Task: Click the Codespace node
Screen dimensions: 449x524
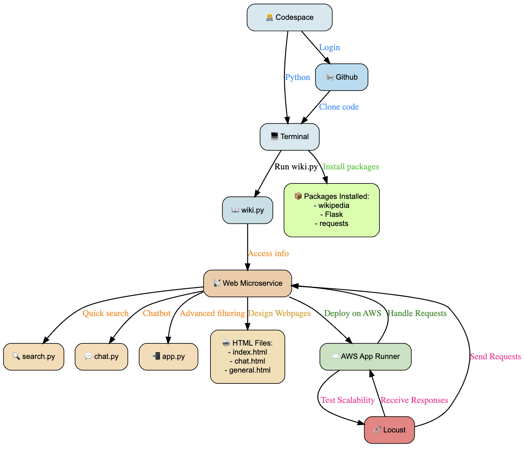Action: point(289,17)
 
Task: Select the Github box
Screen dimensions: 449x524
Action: point(341,77)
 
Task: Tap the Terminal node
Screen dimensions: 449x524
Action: point(289,137)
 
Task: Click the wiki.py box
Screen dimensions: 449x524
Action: point(248,210)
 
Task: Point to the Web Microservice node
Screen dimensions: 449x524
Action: point(248,283)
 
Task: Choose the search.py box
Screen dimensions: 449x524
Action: point(34,356)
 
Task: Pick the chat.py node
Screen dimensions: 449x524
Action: point(101,356)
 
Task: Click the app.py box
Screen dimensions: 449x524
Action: point(168,356)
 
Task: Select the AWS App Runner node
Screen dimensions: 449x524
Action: point(365,356)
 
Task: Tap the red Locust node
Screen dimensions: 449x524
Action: point(389,430)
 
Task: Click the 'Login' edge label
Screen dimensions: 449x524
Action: point(329,47)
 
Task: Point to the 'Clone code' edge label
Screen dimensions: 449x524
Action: point(339,107)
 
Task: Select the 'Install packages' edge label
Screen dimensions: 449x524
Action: point(351,166)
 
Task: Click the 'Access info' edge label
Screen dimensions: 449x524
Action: point(268,253)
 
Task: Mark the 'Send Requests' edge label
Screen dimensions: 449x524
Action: point(495,356)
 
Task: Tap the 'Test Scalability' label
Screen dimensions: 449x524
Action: point(347,400)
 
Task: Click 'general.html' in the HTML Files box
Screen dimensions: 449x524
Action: point(249,370)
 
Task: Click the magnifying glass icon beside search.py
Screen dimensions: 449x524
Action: point(16,356)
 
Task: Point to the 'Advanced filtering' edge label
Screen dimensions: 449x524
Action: point(212,313)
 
